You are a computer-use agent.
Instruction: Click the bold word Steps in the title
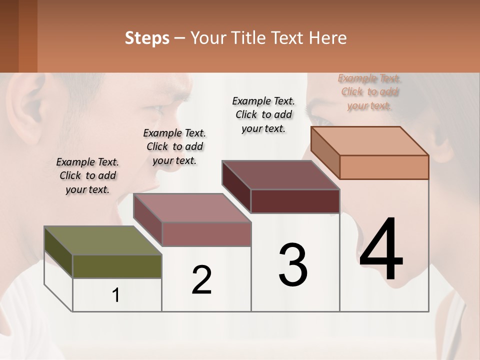pos(147,38)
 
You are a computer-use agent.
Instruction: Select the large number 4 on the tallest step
pos(381,250)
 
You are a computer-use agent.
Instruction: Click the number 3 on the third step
pos(293,265)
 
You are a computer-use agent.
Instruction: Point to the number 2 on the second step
pos(201,280)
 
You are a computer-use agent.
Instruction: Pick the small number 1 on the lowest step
pos(116,295)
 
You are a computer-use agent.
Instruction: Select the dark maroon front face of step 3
pos(295,201)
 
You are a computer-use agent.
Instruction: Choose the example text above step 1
pos(87,175)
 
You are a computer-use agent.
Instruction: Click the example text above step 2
pos(174,146)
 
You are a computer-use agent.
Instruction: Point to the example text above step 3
pos(263,114)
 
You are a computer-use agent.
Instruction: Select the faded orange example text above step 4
pos(369,91)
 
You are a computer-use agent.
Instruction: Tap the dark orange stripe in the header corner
pos(27,36)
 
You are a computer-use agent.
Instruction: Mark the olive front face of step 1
pos(117,266)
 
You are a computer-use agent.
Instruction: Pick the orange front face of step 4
pos(384,167)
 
